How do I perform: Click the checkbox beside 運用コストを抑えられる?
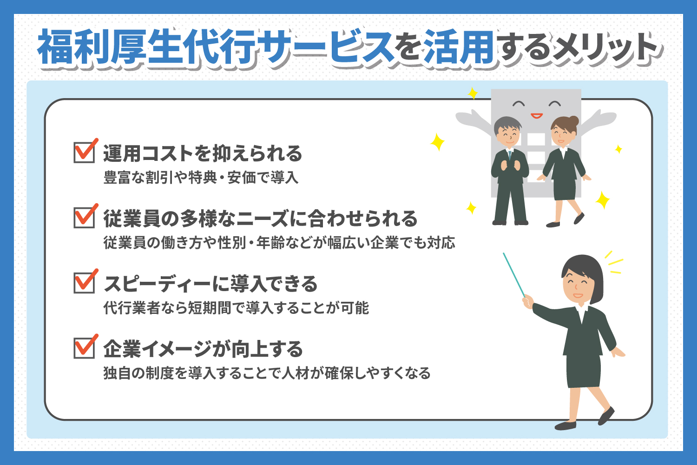pos(84,153)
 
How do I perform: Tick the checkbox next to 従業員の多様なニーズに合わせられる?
pos(84,218)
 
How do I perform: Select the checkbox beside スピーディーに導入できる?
pos(84,283)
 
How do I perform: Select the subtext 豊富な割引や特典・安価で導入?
pos(201,178)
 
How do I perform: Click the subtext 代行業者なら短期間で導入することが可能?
pos(236,308)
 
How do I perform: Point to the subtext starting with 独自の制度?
pos(267,373)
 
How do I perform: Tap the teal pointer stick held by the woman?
pos(514,275)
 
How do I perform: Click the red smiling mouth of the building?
pos(537,116)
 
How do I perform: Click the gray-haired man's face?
pos(508,135)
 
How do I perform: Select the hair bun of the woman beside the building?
pos(573,120)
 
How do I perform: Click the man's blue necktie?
pos(510,155)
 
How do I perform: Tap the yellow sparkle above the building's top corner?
pos(473,93)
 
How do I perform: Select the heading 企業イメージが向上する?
pos(203,349)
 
